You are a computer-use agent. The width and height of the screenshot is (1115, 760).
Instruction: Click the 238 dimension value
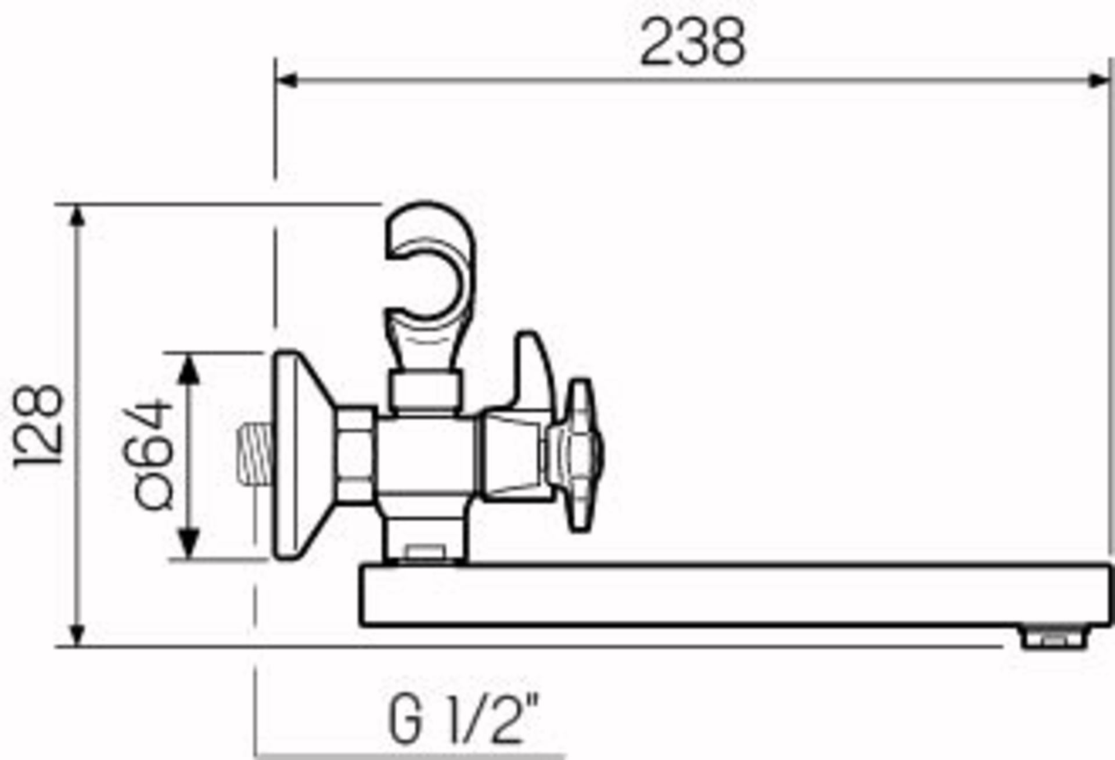tap(693, 42)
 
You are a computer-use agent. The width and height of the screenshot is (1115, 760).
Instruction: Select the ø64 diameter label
tap(150, 454)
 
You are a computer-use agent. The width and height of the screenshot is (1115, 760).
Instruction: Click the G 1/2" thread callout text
tap(463, 720)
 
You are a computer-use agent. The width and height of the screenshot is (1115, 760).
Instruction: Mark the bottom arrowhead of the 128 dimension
tap(77, 634)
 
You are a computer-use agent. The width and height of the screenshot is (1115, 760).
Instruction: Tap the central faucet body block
tap(427, 456)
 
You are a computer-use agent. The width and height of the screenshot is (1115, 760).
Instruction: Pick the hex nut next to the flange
tap(355, 453)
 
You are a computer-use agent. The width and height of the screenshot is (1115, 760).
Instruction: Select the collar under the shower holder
tap(425, 392)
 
